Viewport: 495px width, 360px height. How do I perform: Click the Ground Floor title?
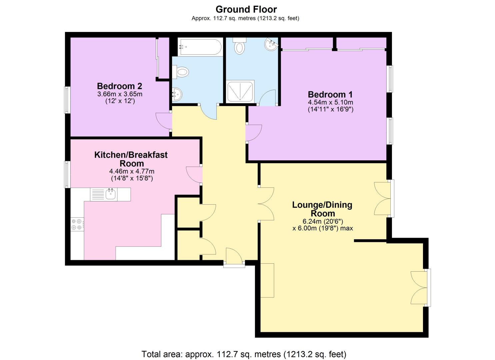246,10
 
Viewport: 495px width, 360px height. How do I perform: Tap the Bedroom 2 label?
120,86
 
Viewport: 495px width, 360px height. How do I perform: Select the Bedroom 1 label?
330,94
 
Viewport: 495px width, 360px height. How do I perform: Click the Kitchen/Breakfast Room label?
131,159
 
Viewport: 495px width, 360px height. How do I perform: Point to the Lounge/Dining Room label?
322,209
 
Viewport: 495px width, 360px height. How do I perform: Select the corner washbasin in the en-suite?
271,44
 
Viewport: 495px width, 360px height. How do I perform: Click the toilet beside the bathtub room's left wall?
181,72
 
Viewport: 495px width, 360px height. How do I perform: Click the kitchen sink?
110,194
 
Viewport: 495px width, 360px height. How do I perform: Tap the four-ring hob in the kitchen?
77,224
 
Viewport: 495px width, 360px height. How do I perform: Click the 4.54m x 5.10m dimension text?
330,103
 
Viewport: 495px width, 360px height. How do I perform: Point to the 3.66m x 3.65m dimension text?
120,94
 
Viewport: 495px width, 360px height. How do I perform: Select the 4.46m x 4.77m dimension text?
132,171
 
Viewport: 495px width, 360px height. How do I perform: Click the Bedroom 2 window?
67,100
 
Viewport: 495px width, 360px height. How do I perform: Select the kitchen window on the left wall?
67,175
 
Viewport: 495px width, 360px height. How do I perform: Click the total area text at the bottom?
244,354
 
